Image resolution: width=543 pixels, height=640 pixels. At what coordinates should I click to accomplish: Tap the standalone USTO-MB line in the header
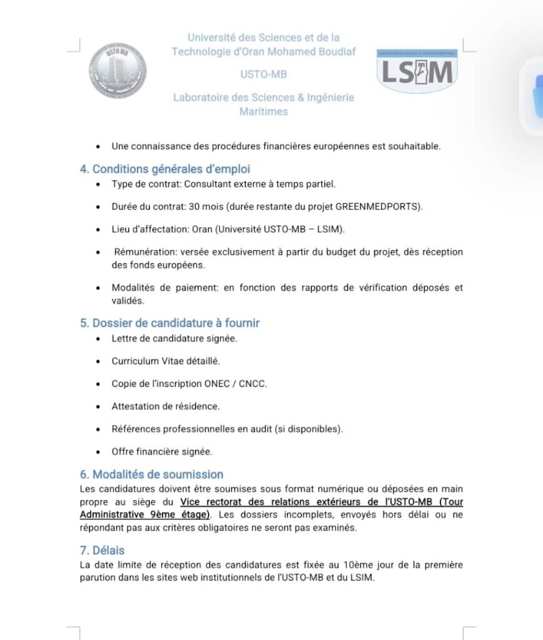(x=264, y=74)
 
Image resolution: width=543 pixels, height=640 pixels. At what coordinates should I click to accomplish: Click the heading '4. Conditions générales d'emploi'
(x=165, y=169)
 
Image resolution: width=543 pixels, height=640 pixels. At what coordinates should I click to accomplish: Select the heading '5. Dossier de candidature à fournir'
(x=169, y=323)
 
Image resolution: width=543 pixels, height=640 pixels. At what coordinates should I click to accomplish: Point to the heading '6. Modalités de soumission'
(x=151, y=474)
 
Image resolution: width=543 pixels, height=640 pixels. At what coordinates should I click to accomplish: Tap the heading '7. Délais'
(x=102, y=550)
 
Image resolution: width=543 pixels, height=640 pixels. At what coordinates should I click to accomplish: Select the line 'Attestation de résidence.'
(x=166, y=406)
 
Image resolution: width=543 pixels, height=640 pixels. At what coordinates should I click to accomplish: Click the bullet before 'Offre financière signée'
(x=98, y=451)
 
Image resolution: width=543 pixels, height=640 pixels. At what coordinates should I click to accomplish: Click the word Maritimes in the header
(x=263, y=112)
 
